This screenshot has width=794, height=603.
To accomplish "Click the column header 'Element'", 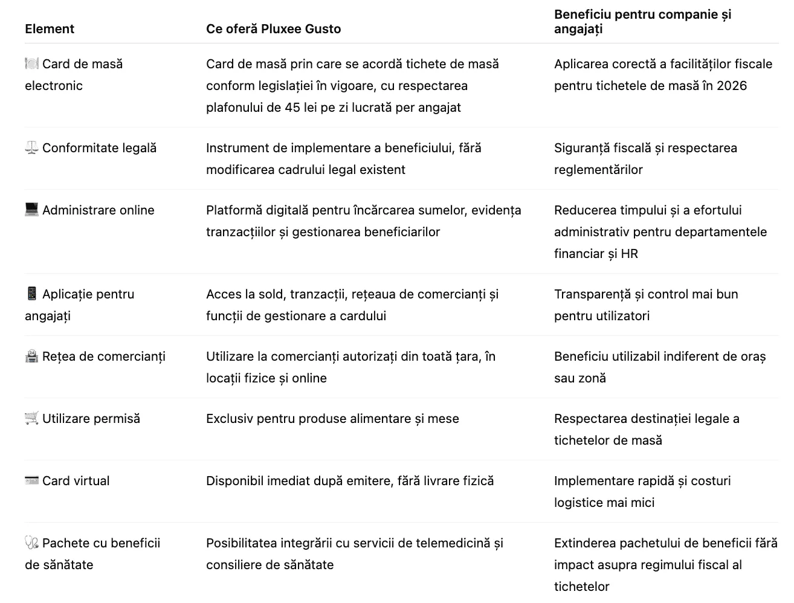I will [x=50, y=29].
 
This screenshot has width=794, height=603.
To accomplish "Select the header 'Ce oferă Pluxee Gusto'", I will [x=273, y=29].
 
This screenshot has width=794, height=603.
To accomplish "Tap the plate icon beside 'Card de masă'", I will [x=31, y=64].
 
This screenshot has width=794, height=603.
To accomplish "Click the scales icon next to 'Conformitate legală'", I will [x=31, y=148].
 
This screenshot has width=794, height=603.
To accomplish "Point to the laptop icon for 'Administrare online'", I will [x=31, y=210].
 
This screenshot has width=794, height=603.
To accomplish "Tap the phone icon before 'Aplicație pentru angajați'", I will [x=31, y=294].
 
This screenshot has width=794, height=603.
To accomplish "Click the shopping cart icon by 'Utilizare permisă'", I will [x=31, y=419].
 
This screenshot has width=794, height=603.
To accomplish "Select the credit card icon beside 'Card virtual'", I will [x=31, y=481].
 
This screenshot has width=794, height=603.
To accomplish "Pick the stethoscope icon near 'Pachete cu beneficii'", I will [x=31, y=543].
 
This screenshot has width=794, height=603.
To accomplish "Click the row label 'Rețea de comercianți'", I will [x=104, y=356].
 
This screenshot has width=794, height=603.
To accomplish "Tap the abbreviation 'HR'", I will [x=630, y=254].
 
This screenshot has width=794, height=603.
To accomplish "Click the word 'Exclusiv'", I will [x=229, y=419].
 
